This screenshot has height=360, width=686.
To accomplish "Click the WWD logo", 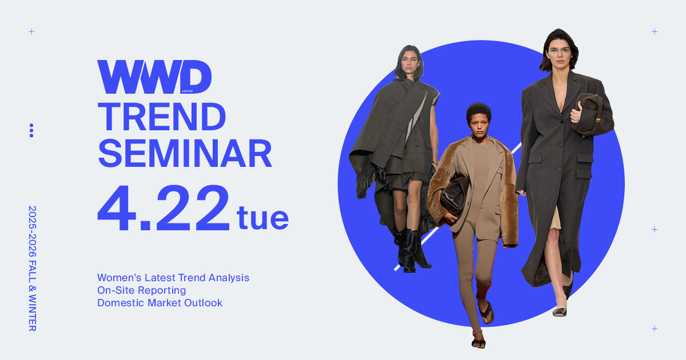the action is [154, 77].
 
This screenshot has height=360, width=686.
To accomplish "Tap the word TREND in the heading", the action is [162, 117].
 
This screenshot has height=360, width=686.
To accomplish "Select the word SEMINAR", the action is [185, 153].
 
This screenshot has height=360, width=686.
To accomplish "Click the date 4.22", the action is [163, 208].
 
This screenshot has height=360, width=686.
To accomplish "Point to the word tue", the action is [262, 218].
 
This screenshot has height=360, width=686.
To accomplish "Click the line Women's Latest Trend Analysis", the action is [173, 278].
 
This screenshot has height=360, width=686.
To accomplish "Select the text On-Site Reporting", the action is [142, 290].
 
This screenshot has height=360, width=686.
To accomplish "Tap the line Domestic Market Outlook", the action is [160, 303].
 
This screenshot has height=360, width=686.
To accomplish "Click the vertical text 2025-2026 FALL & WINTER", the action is [32, 269].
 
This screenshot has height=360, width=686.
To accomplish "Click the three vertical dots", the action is [31, 131].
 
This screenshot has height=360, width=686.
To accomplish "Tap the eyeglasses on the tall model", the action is [559, 51].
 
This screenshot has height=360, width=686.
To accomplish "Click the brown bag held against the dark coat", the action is [587, 114].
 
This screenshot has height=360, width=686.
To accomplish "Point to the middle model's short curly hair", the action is [478, 112].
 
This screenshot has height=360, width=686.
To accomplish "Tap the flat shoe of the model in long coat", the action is [560, 311].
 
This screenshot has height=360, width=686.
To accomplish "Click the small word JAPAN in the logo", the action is [188, 91].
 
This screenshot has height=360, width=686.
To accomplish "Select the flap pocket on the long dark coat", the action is [585, 158].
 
